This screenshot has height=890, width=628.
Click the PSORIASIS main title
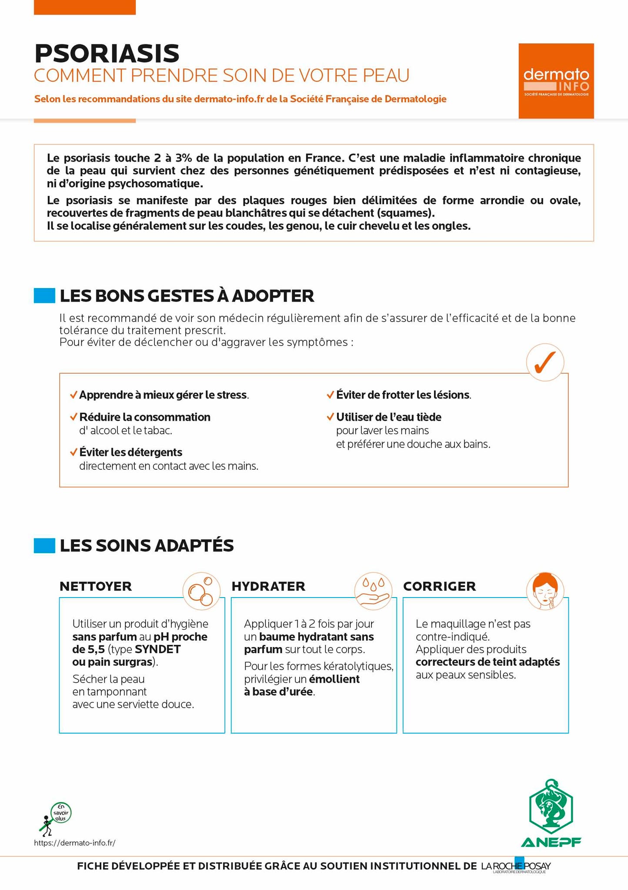[x=107, y=53]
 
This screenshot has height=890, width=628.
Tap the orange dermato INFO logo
[x=556, y=81]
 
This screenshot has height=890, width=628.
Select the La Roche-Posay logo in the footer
[x=516, y=866]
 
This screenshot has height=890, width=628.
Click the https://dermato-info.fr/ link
[x=75, y=843]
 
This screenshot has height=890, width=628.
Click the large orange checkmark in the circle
[x=545, y=362]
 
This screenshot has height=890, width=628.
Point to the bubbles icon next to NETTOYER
[x=200, y=591]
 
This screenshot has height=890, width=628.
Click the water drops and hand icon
[x=373, y=591]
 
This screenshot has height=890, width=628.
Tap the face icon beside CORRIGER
[x=544, y=591]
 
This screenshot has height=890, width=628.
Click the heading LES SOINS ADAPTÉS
[x=147, y=545]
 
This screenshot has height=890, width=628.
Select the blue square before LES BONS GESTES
[x=44, y=296]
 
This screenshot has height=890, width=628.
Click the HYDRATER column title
[x=268, y=586]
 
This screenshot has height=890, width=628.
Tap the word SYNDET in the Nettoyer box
[x=157, y=649]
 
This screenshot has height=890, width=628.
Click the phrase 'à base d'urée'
[x=278, y=691]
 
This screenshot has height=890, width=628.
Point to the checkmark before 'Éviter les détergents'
[x=73, y=452]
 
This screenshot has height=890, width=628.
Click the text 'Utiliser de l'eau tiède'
[x=388, y=417]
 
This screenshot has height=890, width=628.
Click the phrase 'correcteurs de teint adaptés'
[x=488, y=662]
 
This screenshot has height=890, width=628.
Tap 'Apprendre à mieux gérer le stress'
[x=163, y=395]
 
